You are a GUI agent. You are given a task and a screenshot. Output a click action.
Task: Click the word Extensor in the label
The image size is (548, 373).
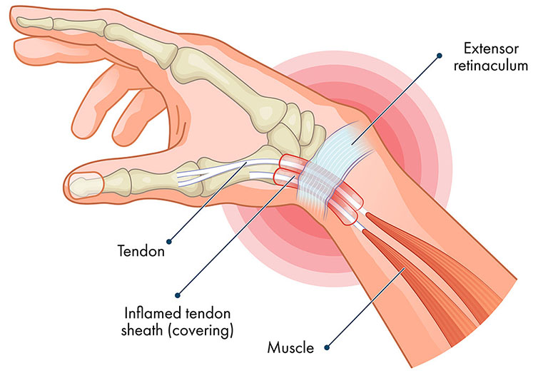(x=491, y=48)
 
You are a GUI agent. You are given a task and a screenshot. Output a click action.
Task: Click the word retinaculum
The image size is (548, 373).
(x=491, y=66)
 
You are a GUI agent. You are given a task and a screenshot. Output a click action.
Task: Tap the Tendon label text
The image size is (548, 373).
(x=141, y=251)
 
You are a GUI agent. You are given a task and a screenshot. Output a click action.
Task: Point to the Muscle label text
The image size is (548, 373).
(x=290, y=348)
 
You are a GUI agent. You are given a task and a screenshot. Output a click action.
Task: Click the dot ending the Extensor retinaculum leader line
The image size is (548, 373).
(x=440, y=56)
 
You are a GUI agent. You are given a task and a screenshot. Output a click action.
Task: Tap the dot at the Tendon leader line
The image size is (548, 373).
(x=169, y=241)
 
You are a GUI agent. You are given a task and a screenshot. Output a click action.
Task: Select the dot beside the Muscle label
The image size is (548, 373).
(x=327, y=347)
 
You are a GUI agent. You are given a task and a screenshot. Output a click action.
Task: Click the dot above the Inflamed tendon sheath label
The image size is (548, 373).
(x=178, y=295)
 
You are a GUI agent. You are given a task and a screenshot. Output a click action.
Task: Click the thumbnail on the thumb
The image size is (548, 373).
(x=85, y=185)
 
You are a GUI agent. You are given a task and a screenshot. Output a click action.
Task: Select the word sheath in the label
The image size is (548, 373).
(x=143, y=330)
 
